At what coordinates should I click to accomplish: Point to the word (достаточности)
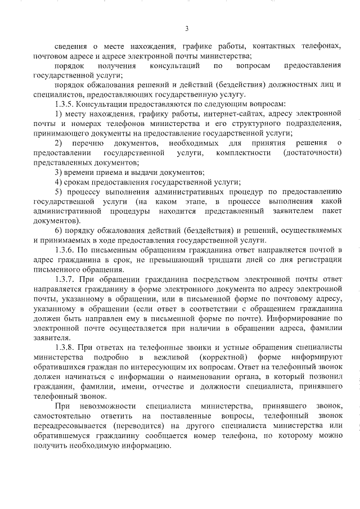313,152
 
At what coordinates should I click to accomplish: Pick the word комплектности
233,152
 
